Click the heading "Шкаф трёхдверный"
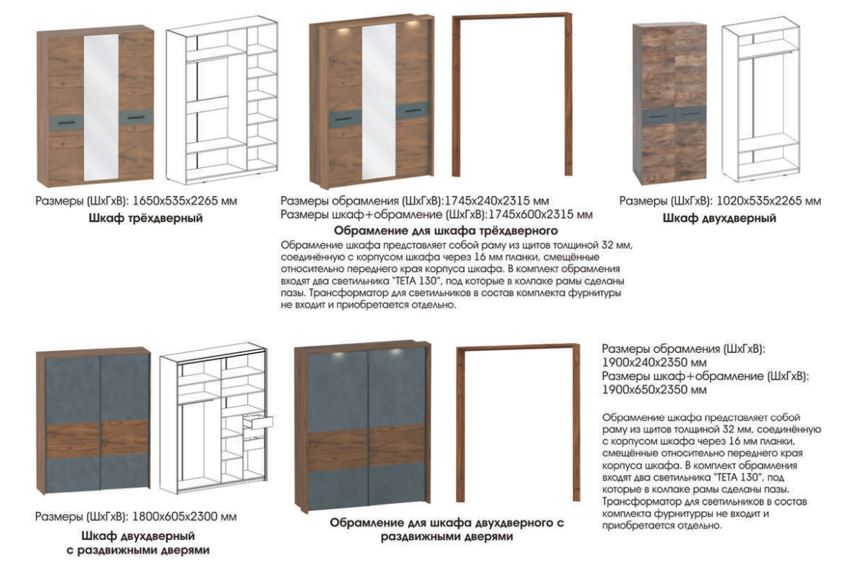click(x=146, y=218)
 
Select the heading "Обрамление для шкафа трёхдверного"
click(x=446, y=230)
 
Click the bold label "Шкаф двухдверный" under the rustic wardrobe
click(x=720, y=218)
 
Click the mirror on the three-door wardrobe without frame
click(x=101, y=108)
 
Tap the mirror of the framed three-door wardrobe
click(x=379, y=102)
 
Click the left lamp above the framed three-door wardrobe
click(x=345, y=29)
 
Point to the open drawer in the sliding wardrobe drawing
click(x=258, y=422)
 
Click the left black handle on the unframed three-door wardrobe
click(x=66, y=122)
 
